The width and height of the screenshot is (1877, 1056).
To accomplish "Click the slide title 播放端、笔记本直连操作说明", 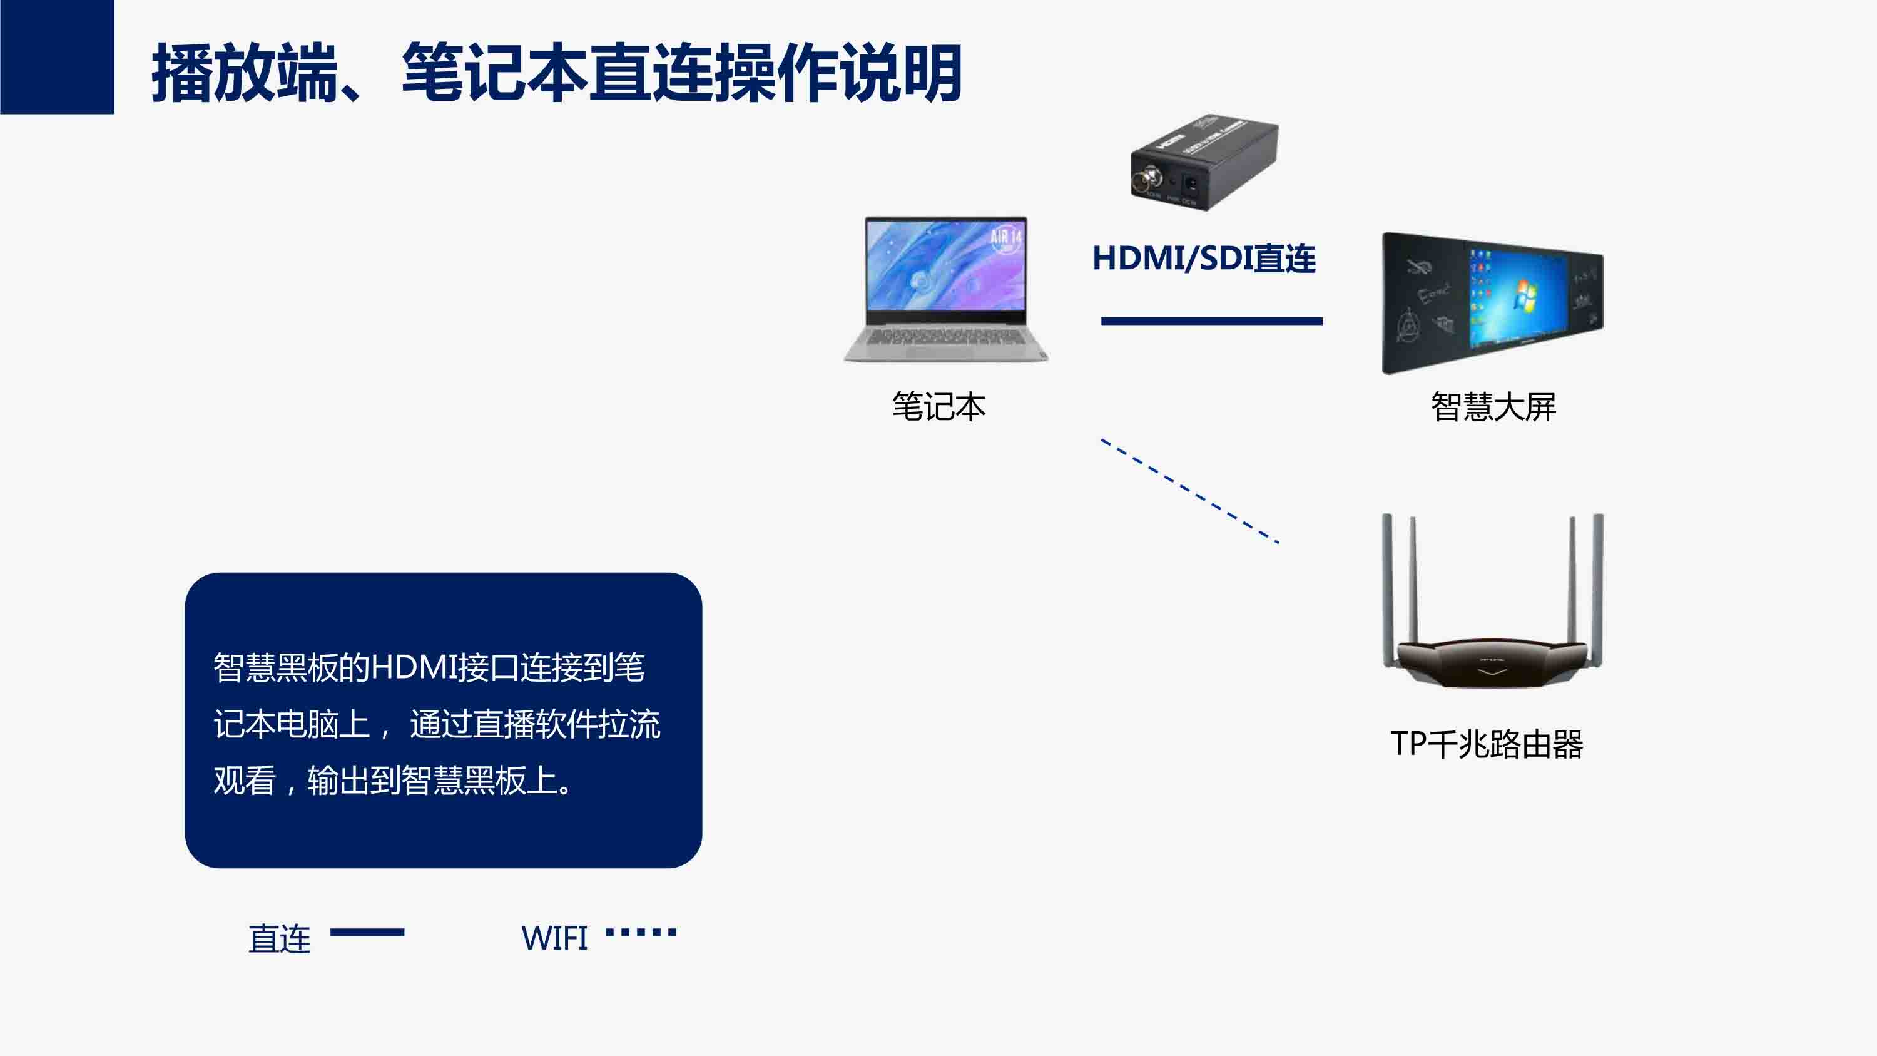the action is pyautogui.click(x=557, y=73).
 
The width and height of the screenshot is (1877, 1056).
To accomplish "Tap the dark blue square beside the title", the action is pyautogui.click(x=57, y=57).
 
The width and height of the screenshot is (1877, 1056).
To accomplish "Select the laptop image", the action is pyautogui.click(x=946, y=289).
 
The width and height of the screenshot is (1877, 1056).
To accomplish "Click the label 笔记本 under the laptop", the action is pyautogui.click(x=938, y=406).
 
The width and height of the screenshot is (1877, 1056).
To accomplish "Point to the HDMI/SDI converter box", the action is pyautogui.click(x=1204, y=161).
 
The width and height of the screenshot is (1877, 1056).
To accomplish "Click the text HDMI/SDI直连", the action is pyautogui.click(x=1204, y=258).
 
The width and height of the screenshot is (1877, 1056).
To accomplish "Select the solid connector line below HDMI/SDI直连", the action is pyautogui.click(x=1212, y=320).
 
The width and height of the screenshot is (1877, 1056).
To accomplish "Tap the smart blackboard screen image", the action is pyautogui.click(x=1493, y=303).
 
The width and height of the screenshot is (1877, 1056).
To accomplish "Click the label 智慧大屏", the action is pyautogui.click(x=1493, y=406).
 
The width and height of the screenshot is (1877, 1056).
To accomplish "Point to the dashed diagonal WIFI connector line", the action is pyautogui.click(x=1190, y=491).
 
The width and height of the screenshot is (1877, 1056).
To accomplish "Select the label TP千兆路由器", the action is pyautogui.click(x=1487, y=744).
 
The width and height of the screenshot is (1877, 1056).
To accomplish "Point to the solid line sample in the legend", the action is pyautogui.click(x=367, y=932).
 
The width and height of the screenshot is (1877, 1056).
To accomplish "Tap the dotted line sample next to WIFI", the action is pyautogui.click(x=641, y=932).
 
